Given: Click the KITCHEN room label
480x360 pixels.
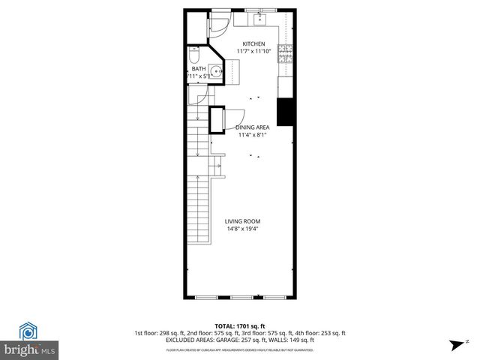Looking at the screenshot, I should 253,44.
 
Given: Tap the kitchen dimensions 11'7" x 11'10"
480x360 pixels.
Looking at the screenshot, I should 252,51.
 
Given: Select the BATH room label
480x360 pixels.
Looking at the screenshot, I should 199,69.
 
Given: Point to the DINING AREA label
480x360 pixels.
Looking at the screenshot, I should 253,127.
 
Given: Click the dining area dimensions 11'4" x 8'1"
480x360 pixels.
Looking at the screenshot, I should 253,135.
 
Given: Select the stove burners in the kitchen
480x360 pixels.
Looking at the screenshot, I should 285,52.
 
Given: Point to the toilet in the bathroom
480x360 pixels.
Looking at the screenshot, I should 193,55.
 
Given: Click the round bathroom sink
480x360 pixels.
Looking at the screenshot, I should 215,73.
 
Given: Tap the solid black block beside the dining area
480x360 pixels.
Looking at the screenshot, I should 285,112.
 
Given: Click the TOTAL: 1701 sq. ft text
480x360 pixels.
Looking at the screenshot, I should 240,325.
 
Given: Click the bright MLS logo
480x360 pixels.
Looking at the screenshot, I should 30,341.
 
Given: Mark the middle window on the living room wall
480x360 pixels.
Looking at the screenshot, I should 240,297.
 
